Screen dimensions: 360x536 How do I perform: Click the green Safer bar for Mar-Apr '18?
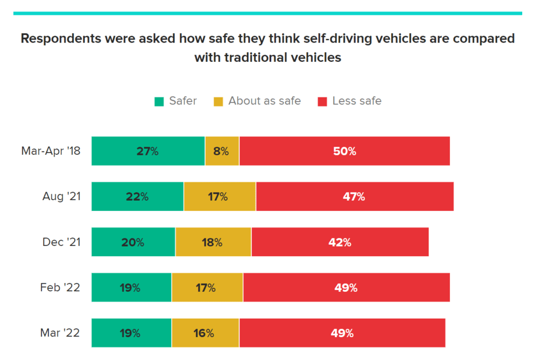tap(148, 151)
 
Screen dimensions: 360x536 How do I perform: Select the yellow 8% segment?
tap(222, 151)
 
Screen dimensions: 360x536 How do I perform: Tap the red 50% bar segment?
tap(345, 151)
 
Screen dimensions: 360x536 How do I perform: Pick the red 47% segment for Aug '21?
tap(354, 197)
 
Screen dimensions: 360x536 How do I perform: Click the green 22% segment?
tap(138, 197)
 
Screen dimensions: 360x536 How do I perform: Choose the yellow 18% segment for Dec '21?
tap(213, 242)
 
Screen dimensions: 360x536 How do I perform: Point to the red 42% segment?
tap(340, 242)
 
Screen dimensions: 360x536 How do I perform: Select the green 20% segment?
tap(133, 242)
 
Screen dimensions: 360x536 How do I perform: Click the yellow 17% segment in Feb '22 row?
tap(207, 288)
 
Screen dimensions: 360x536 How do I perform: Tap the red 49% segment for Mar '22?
tap(342, 333)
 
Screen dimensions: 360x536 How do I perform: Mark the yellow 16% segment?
tap(205, 333)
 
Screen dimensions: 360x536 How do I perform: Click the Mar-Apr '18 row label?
tap(50, 151)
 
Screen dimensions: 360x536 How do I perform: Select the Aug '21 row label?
tap(61, 197)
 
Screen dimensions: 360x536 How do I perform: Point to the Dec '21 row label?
tap(61, 242)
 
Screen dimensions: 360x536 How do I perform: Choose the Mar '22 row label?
tap(60, 333)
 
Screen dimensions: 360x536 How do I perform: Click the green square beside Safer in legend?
tap(159, 101)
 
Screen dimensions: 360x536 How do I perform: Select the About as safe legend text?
tap(264, 101)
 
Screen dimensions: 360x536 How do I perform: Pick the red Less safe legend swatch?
tap(322, 101)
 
